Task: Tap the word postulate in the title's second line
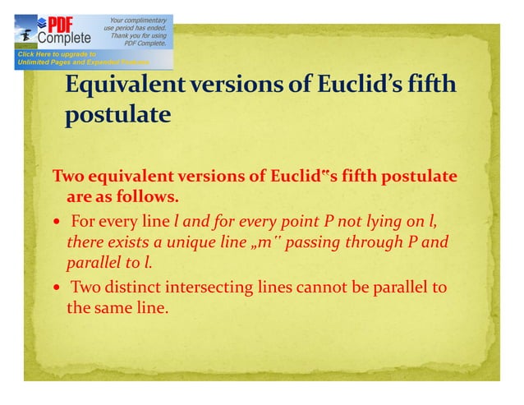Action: click(118, 115)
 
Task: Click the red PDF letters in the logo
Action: click(65, 23)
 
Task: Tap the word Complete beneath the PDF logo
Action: click(67, 39)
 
